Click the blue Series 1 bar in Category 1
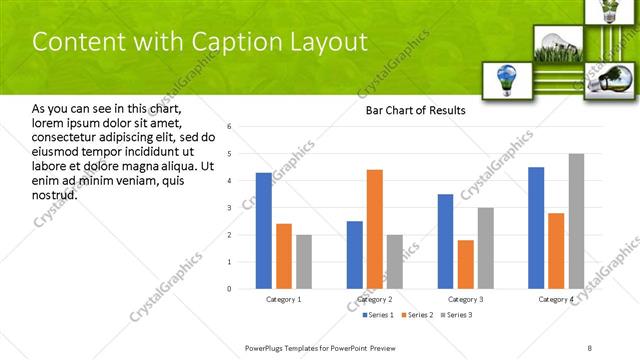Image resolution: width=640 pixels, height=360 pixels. (x=263, y=231)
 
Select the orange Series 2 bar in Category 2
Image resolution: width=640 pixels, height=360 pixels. (x=375, y=229)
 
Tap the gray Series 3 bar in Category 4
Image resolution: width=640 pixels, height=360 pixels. (x=576, y=221)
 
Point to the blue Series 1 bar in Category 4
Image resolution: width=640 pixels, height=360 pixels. (x=536, y=228)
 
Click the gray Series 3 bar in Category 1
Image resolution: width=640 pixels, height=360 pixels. (x=304, y=262)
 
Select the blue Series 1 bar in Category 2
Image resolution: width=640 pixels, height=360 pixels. (x=355, y=255)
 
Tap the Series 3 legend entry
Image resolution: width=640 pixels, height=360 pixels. (x=456, y=316)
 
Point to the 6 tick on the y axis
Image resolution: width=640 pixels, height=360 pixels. (x=229, y=127)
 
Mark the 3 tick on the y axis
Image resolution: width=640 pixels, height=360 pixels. (x=229, y=208)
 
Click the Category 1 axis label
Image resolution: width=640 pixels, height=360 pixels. (x=284, y=299)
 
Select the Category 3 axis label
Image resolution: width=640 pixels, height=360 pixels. (x=465, y=299)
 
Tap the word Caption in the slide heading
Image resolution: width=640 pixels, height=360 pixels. (x=222, y=42)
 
